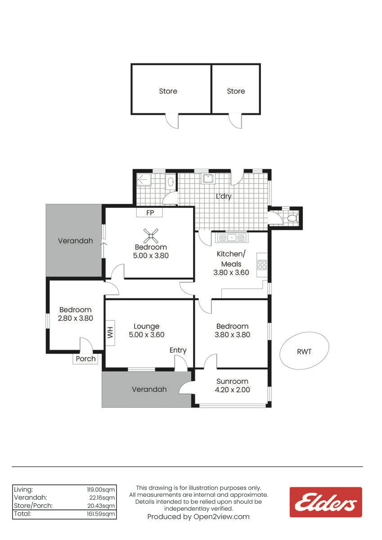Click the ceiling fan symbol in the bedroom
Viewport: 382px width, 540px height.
[151, 235]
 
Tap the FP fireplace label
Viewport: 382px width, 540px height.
[150, 213]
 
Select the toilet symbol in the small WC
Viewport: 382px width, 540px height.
[292, 218]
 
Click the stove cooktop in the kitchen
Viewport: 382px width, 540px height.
[262, 265]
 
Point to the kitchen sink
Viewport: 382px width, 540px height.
[231, 238]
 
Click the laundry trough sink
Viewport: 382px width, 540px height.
[208, 179]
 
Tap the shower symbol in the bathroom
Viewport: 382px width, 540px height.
[144, 180]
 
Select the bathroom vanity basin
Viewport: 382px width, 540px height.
[171, 182]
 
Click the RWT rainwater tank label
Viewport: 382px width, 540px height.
[304, 352]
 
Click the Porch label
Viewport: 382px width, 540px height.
[85, 359]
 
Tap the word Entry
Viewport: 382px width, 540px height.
[178, 350]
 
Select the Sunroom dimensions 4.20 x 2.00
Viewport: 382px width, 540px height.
[232, 390]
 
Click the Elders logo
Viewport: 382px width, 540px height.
[326, 502]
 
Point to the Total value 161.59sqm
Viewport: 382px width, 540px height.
[101, 514]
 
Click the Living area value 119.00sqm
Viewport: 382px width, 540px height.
[101, 490]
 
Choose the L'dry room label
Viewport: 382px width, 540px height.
[224, 196]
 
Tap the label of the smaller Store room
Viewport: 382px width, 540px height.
[236, 91]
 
